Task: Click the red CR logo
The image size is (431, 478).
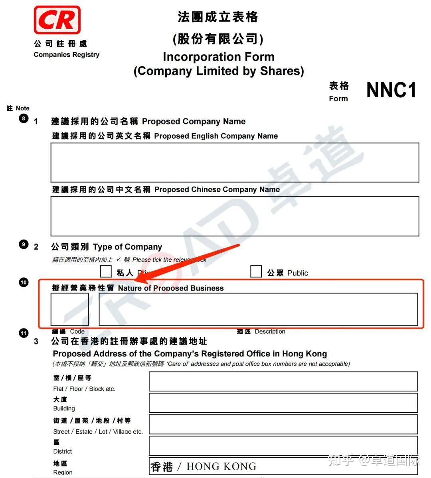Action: [x=57, y=20]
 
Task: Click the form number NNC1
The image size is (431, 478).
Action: [x=391, y=90]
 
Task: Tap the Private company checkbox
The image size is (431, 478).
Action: [x=106, y=271]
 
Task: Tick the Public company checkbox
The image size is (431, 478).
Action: [x=256, y=271]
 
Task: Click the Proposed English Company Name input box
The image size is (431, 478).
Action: [x=235, y=162]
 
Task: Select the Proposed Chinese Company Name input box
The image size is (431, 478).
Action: [x=235, y=216]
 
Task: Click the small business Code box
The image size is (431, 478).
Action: [x=69, y=309]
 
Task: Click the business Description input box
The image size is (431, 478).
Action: [x=258, y=309]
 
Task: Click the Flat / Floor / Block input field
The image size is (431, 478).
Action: [x=283, y=382]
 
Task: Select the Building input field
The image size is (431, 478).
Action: [x=283, y=403]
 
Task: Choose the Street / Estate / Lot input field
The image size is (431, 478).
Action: [x=283, y=424]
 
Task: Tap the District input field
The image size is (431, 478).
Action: [x=283, y=445]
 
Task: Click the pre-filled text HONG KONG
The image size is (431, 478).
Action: [x=221, y=466]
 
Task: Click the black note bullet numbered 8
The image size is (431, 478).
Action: [x=24, y=118]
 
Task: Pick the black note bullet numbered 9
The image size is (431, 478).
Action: [x=24, y=244]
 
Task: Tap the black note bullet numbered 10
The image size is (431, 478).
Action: [x=24, y=283]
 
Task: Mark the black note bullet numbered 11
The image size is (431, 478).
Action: [x=24, y=333]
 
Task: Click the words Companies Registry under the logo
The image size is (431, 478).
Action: [x=67, y=55]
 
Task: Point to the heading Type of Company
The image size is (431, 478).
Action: [x=127, y=247]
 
